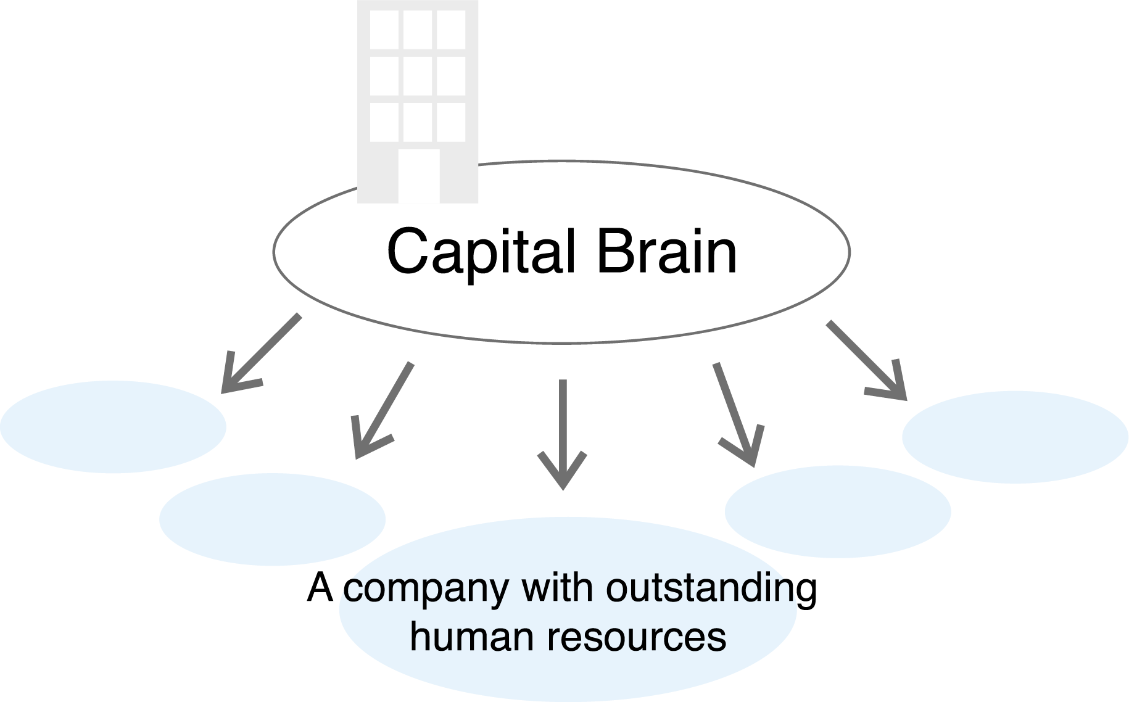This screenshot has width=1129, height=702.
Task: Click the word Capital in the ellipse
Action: point(481,252)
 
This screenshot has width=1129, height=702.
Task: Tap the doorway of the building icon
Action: point(419,176)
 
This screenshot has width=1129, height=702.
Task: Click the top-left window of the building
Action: point(384,30)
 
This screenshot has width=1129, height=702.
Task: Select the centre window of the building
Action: point(418,76)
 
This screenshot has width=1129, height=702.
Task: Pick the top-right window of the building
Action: point(451,30)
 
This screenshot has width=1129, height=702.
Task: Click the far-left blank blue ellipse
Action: point(114,427)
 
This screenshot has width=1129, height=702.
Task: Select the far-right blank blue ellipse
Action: point(1015,437)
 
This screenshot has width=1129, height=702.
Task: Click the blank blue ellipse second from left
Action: point(272,519)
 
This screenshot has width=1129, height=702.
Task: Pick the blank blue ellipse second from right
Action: point(838,511)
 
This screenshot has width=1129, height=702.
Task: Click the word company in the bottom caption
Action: point(426,589)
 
